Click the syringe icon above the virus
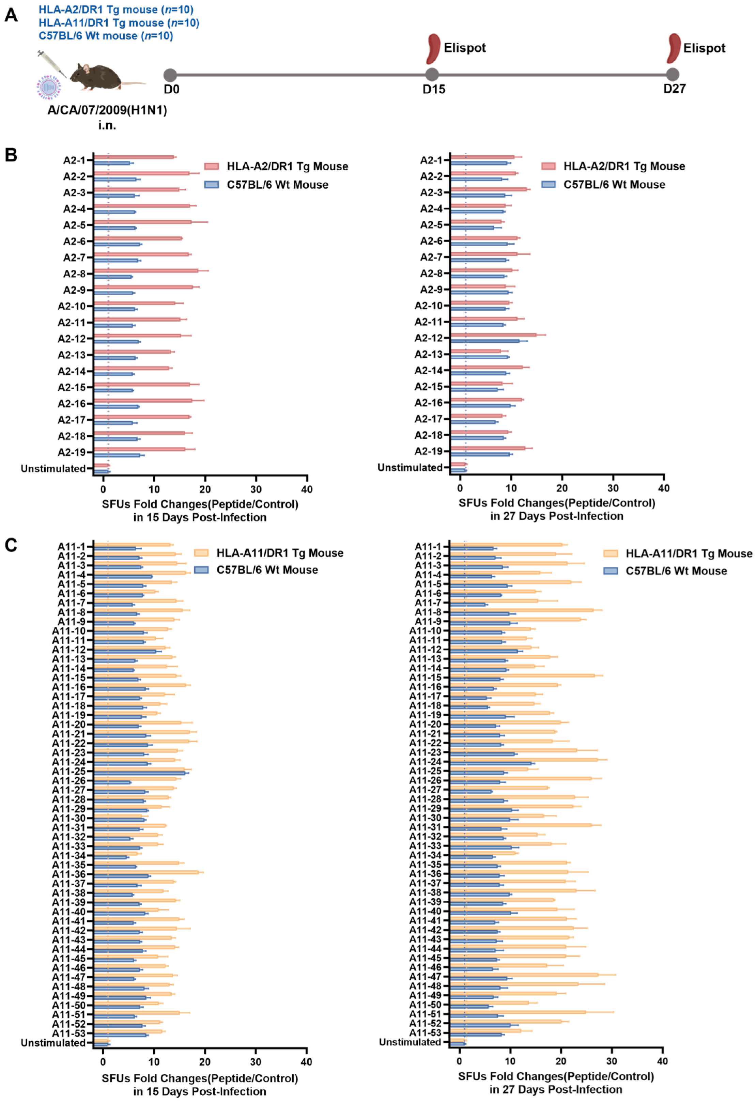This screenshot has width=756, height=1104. click(52, 64)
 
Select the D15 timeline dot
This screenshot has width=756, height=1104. click(431, 75)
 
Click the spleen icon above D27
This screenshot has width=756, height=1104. click(673, 48)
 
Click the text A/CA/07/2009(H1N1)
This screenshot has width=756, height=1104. click(107, 110)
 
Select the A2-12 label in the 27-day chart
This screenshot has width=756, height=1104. click(429, 338)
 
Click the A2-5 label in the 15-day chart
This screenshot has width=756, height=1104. click(75, 225)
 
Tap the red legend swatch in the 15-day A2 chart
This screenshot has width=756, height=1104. click(212, 166)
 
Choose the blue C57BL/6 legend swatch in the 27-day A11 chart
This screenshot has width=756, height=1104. click(610, 571)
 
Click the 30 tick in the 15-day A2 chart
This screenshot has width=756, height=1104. click(256, 489)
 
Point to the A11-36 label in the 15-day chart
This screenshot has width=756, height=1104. click(69, 874)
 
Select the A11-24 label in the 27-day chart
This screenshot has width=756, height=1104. click(425, 762)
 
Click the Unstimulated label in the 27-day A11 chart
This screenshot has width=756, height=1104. click(410, 1042)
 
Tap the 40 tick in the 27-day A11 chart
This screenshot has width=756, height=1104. click(662, 1061)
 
